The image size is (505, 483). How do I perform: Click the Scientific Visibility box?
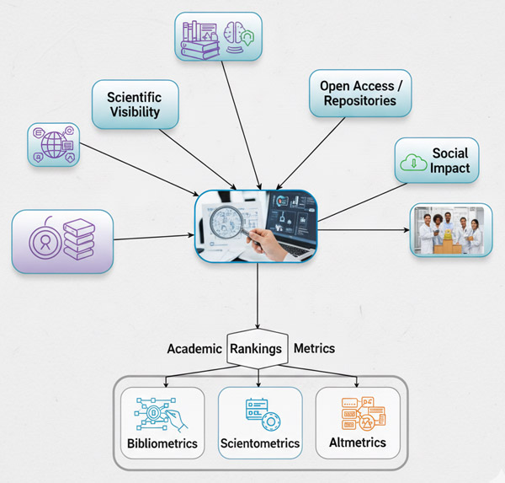[134, 104]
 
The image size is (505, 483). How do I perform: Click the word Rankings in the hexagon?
[257, 348]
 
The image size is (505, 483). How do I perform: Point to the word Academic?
[194, 348]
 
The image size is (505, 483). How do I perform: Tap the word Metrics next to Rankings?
[314, 348]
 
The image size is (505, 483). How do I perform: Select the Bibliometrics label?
[162, 443]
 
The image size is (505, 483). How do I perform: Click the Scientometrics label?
[259, 443]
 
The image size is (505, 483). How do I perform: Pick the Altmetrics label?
[358, 443]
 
